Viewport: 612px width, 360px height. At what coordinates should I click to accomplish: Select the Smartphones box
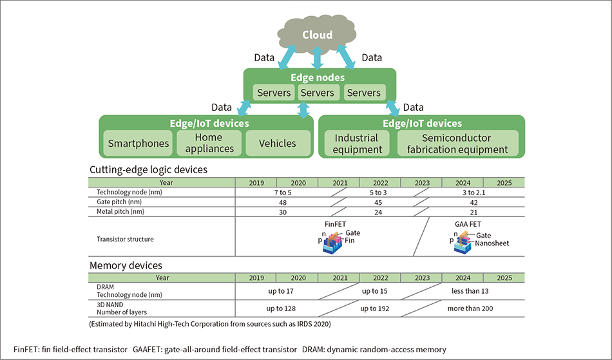[138, 143]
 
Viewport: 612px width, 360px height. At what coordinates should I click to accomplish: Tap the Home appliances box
[209, 143]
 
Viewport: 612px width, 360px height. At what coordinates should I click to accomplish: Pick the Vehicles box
[278, 143]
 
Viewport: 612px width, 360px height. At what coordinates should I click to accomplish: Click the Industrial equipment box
[357, 143]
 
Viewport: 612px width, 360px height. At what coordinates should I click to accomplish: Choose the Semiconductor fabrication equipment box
[458, 143]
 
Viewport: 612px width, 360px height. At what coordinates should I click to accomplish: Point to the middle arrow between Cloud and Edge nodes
[317, 58]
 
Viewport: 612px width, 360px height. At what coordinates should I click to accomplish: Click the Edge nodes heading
[318, 77]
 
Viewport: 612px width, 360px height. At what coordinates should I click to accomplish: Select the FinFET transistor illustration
[332, 243]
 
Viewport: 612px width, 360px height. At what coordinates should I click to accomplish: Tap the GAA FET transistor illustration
[463, 243]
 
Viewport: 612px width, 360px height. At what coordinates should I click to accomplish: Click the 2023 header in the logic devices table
[422, 182]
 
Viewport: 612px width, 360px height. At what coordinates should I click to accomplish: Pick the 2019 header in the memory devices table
[256, 278]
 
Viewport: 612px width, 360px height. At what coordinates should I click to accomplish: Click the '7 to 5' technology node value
[283, 193]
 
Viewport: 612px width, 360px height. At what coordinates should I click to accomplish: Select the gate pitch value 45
[378, 202]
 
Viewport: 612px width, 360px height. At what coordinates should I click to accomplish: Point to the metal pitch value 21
[473, 212]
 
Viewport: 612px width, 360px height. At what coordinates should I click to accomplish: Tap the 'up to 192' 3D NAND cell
[375, 308]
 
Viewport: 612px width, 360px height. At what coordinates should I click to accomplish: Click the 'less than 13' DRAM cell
[470, 291]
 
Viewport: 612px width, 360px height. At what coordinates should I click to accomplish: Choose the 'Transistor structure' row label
[125, 239]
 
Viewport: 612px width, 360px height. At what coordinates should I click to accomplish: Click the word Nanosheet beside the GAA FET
[492, 243]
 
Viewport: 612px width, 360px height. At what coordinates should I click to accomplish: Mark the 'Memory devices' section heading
[126, 265]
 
